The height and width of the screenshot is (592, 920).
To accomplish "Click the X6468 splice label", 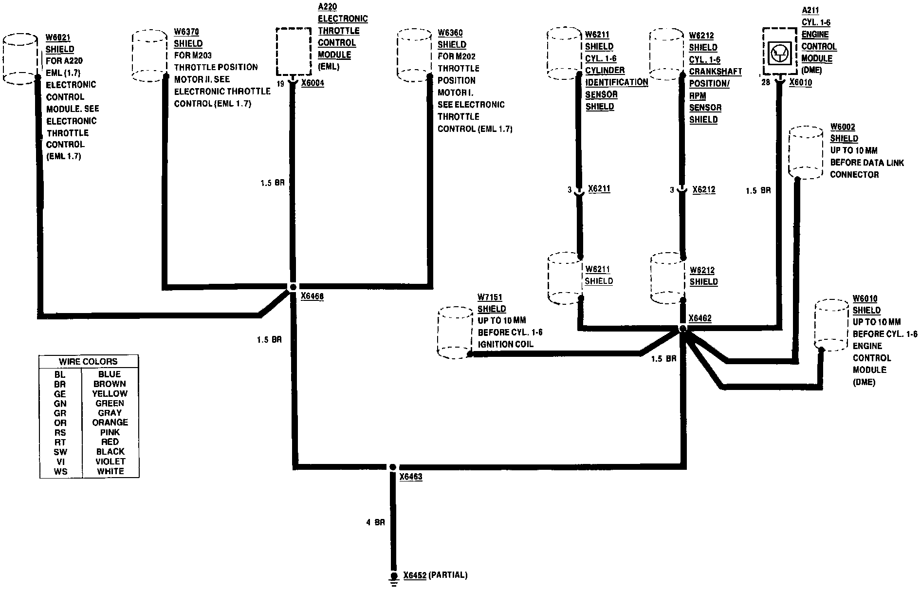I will (312, 296).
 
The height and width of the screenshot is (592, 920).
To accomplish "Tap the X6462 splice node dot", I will (682, 329).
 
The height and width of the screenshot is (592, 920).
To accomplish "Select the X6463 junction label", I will (410, 477).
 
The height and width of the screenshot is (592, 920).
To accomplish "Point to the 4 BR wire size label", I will (375, 522).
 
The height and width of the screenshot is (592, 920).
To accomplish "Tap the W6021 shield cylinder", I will (20, 59).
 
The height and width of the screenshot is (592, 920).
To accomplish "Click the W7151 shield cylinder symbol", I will (455, 333).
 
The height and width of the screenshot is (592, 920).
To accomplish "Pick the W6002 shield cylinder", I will (805, 153).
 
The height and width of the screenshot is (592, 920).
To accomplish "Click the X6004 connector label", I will (313, 83).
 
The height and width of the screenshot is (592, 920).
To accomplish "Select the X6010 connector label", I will (800, 83).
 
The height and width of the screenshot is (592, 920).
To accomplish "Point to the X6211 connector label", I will (599, 189).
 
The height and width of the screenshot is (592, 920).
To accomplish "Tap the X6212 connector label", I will (703, 189).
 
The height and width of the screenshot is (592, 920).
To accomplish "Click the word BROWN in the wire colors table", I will (110, 384).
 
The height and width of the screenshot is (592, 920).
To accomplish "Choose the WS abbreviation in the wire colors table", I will (60, 471).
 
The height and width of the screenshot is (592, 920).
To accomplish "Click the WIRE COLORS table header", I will (88, 362).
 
